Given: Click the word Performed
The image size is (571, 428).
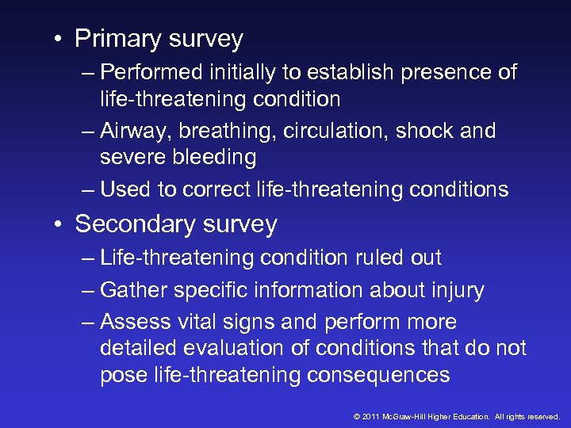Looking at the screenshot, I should click(151, 72).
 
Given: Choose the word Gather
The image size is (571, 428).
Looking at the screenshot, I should click(134, 290).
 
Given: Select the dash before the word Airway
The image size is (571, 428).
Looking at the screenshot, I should click(87, 132).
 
